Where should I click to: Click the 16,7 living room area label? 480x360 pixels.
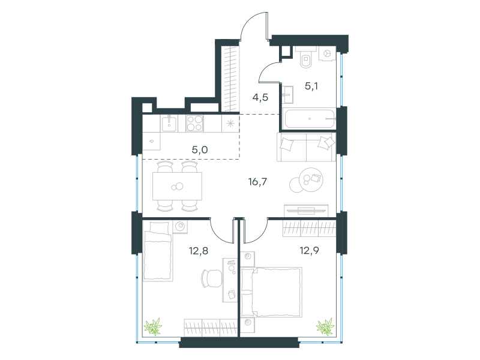coord(257,182)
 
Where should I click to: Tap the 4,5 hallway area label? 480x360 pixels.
coord(260,97)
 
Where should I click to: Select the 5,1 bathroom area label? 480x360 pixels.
coord(311,86)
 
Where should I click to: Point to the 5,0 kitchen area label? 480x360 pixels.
coord(200,149)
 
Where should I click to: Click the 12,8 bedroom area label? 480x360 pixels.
coord(199,251)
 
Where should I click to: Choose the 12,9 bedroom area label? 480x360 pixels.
coord(309,251)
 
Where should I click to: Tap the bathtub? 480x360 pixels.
coord(309,118)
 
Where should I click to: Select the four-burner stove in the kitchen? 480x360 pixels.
coord(194,124)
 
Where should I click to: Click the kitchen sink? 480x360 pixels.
coord(169,124)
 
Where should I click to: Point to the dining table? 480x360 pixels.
coord(177,186)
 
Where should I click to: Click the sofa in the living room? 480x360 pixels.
coord(306,147)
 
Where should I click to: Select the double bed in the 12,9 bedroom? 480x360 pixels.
coord(272,292)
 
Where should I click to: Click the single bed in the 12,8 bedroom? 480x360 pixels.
coord(158,251)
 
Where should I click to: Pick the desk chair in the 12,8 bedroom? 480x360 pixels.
coord(212,278)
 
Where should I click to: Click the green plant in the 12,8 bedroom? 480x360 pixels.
coord(153,326)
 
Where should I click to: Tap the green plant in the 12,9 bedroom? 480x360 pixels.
coord(325,326)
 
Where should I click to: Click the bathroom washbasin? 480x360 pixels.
coord(287,95)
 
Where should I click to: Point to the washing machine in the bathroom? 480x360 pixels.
coord(327,53)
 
